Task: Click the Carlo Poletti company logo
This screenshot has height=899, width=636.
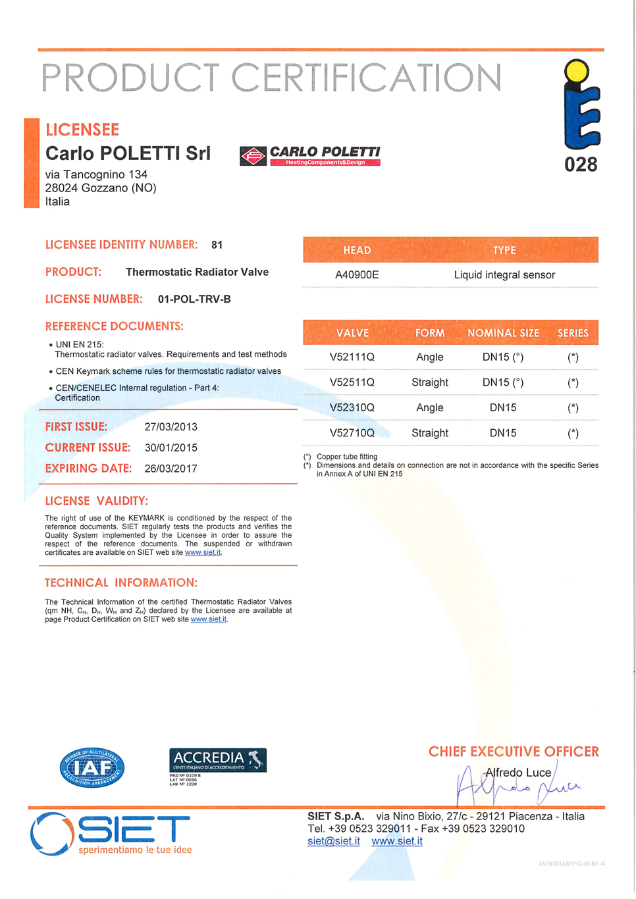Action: [310, 156]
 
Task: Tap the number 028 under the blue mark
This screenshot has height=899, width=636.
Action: [581, 165]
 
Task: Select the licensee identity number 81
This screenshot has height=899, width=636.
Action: [217, 245]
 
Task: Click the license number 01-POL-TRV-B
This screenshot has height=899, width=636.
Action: [194, 299]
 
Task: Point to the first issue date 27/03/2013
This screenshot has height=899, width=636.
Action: [171, 427]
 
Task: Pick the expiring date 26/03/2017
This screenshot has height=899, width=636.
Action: [171, 469]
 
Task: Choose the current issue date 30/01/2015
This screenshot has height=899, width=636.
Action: [171, 448]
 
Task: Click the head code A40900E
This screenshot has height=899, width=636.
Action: [357, 275]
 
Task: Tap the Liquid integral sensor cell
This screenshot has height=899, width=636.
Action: [504, 275]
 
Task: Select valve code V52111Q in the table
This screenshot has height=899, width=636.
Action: [352, 357]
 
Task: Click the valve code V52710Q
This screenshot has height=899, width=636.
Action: [352, 433]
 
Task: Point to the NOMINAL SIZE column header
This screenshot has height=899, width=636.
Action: [503, 333]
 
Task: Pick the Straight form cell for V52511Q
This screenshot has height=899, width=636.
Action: [430, 382]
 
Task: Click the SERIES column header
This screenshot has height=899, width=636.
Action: [573, 333]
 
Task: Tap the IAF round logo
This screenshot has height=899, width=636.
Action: [92, 768]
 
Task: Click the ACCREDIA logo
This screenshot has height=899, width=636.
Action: [218, 761]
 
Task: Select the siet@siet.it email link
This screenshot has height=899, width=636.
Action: [334, 842]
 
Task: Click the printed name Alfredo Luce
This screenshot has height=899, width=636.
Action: [518, 773]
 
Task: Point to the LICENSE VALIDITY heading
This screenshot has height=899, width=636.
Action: [97, 501]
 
